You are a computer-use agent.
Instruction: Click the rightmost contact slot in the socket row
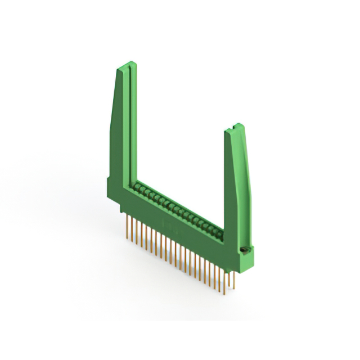point(217,231)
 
